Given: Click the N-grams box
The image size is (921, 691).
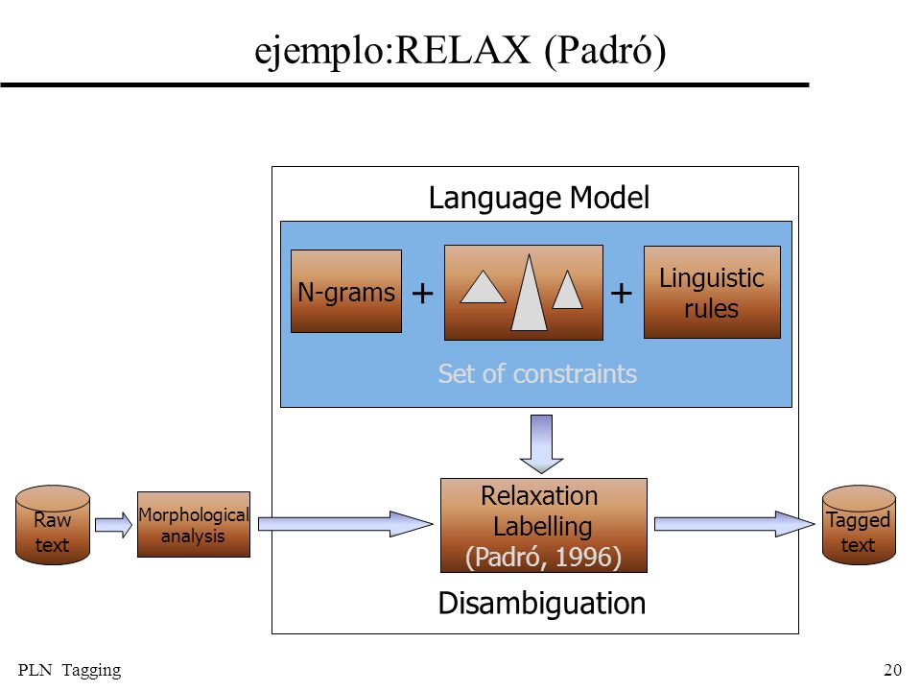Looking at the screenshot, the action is [x=346, y=292].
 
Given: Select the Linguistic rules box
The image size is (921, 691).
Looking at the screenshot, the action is [x=712, y=292].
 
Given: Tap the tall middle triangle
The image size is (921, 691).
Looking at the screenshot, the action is [x=530, y=294].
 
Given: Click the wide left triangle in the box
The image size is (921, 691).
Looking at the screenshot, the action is [x=483, y=287].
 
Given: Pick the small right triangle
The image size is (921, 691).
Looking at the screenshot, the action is [x=567, y=290].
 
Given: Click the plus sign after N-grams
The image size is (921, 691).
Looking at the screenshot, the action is [x=423, y=293].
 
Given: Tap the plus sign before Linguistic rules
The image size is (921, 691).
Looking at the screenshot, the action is [x=622, y=293].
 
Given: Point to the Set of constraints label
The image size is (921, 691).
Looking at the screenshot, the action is [x=537, y=373].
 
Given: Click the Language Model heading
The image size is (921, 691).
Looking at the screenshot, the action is [x=539, y=198].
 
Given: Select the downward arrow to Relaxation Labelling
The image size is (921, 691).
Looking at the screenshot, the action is [x=541, y=443].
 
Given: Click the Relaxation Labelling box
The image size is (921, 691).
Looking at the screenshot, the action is [x=544, y=525].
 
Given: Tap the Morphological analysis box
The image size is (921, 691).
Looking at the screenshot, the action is [x=194, y=525].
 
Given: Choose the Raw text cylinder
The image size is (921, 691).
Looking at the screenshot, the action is [x=53, y=525].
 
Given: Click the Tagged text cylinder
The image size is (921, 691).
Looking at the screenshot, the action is [x=859, y=525].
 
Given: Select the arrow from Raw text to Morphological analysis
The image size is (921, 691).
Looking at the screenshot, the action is [x=114, y=525].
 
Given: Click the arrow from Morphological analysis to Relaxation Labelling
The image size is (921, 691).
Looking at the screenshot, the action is [x=345, y=524].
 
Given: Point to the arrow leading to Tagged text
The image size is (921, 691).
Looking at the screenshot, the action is [x=734, y=524].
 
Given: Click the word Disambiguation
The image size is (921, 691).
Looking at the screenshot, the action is [x=541, y=604].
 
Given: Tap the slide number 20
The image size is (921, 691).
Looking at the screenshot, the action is [x=892, y=670].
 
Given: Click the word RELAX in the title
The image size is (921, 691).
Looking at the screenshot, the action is [x=462, y=50].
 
